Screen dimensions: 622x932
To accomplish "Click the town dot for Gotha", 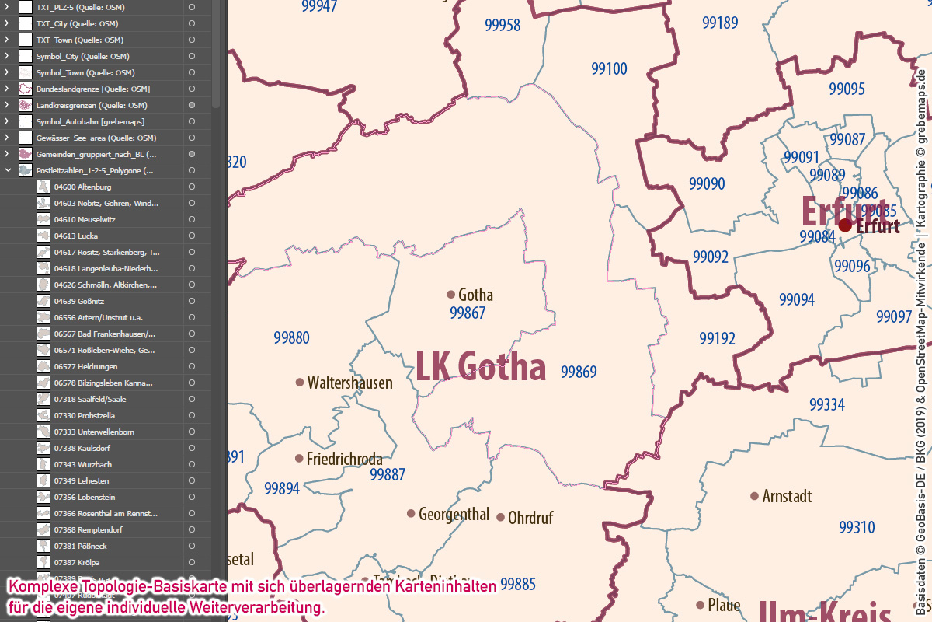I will (450, 295).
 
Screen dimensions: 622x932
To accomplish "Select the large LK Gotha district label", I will (481, 366).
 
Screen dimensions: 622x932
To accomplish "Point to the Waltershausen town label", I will (349, 383).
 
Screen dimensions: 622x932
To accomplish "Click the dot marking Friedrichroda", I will (299, 459).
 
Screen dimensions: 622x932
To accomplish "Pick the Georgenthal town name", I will (454, 514).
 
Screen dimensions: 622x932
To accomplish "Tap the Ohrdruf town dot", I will (501, 517).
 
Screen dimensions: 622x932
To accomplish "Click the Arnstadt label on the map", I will (787, 496).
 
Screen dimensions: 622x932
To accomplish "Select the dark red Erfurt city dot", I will (845, 225).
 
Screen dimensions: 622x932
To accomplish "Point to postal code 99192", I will (717, 338).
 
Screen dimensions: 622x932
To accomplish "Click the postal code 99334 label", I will (826, 404).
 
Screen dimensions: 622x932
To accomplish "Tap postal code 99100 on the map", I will (609, 69).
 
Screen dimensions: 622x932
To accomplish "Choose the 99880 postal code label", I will (291, 337).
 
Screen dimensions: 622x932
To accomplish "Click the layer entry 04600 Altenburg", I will (82, 187).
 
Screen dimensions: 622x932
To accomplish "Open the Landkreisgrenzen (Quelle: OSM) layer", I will (92, 105).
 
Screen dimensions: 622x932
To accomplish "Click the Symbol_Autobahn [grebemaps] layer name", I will (90, 121).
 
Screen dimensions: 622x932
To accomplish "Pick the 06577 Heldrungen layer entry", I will (85, 366).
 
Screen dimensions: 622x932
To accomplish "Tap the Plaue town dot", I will (701, 605).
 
